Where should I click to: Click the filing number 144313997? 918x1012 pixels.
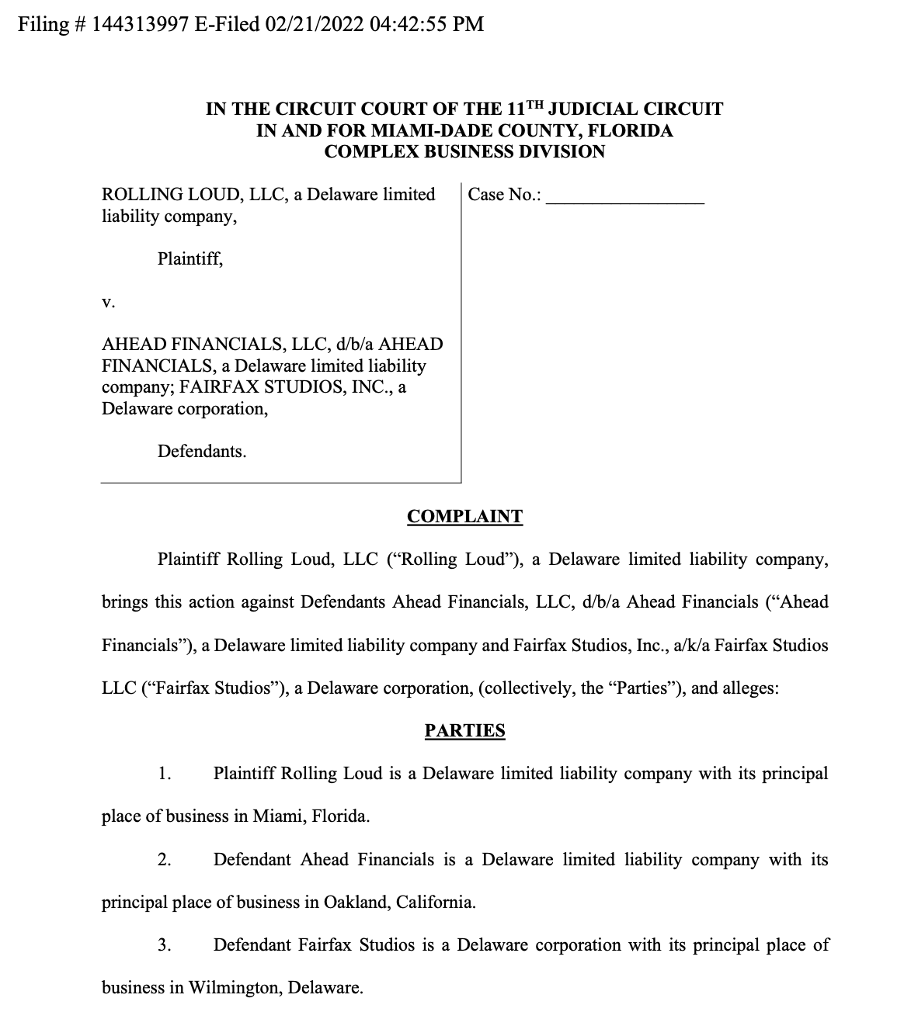click(x=140, y=24)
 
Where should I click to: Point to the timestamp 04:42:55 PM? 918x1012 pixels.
click(x=427, y=24)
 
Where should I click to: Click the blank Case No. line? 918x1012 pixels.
click(x=625, y=195)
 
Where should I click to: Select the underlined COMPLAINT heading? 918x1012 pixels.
click(x=464, y=517)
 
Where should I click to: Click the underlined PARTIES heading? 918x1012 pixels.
click(x=464, y=731)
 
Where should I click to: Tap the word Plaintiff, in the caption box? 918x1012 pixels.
click(x=190, y=259)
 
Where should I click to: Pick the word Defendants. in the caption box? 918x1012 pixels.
click(x=202, y=452)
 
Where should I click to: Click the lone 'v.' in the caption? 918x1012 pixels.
click(x=109, y=302)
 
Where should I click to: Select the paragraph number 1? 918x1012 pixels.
click(x=164, y=774)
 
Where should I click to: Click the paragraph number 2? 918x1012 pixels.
click(x=164, y=860)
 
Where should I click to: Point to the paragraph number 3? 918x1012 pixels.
click(x=164, y=945)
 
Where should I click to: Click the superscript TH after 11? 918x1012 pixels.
click(x=534, y=105)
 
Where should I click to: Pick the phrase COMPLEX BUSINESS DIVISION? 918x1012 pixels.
click(x=464, y=152)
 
